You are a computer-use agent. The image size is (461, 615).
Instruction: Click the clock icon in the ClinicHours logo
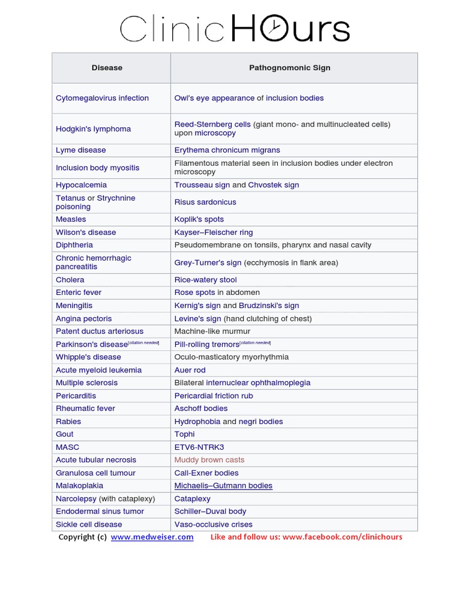tap(274, 29)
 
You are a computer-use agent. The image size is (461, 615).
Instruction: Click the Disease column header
tap(107, 68)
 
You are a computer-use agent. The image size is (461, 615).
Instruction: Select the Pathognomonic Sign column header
tap(289, 68)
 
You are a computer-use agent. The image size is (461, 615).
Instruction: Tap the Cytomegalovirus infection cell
tap(102, 98)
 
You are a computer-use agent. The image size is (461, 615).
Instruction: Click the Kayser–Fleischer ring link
tap(213, 232)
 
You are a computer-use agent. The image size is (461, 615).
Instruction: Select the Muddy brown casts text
tap(209, 460)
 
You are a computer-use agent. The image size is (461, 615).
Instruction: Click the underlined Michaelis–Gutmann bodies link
tap(223, 486)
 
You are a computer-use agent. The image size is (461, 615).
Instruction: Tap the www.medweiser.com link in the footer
tap(152, 537)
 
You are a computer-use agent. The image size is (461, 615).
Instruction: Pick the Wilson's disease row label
tap(86, 232)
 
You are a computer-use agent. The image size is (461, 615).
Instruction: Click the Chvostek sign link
tap(273, 185)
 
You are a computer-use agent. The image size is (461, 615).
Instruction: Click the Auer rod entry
tap(190, 370)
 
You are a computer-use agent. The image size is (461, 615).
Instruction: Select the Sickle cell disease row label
tap(89, 524)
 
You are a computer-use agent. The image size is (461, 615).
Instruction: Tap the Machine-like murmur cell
tap(212, 332)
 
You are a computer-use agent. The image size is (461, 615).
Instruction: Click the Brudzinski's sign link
tap(268, 306)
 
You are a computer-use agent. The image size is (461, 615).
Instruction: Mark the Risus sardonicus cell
tap(205, 202)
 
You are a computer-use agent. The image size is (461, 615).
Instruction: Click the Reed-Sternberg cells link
tap(212, 124)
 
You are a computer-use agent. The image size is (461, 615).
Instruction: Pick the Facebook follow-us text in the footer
tap(306, 537)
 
